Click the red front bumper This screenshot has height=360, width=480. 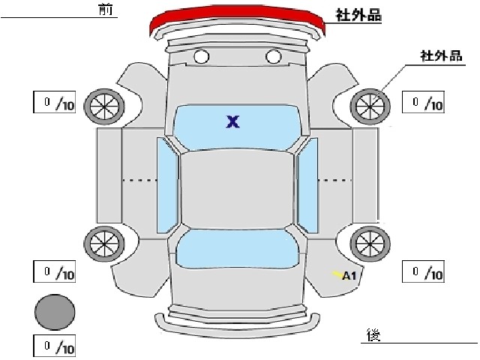coord(237,15)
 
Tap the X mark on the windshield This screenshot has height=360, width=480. coord(233,121)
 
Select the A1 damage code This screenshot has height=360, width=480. coord(349,276)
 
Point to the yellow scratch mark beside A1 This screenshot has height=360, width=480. coord(337,274)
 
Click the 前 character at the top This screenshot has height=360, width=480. coord(106,9)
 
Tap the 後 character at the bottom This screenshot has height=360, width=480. coord(373,334)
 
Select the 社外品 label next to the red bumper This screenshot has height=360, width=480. coord(358,15)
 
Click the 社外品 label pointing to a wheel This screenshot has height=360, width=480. coord(441,56)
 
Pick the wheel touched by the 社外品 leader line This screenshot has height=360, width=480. coord(370,106)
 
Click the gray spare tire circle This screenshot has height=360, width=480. coord(55,312)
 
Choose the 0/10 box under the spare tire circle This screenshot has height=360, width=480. coord(55,346)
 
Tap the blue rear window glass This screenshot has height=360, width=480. coord(237,248)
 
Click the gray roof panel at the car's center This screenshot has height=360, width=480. coord(237,189)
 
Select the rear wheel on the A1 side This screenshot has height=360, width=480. coord(370,244)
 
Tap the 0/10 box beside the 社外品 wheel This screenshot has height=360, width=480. coord(423,102)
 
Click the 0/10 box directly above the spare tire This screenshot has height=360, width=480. coord(55,271)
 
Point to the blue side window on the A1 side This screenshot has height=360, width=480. coord(307,185)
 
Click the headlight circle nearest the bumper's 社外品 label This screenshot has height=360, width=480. coord(273,57)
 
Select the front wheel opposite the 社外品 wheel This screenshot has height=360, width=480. coord(104,106)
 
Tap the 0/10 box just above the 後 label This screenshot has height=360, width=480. coord(423,271)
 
